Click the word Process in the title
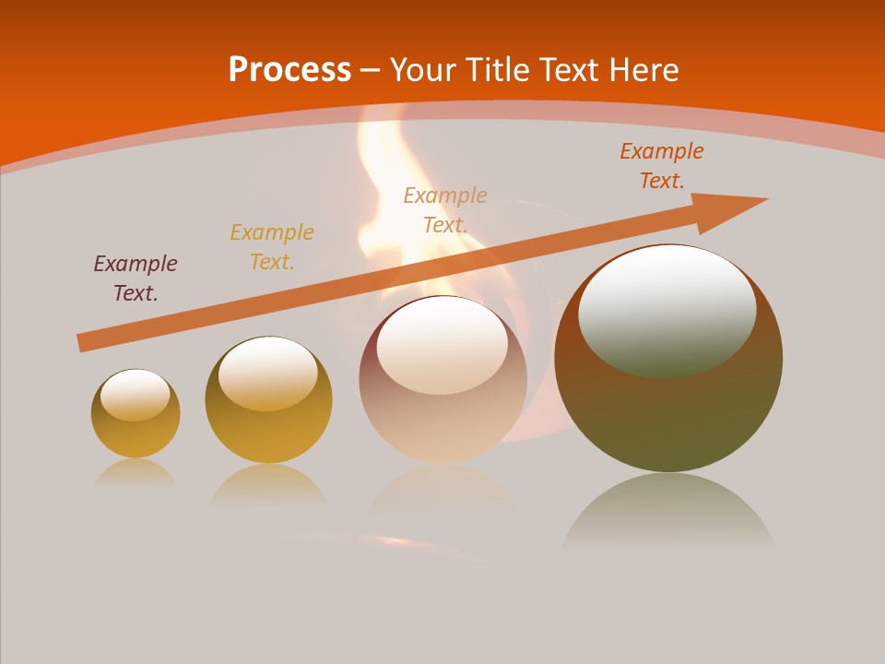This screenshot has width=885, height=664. point(289,70)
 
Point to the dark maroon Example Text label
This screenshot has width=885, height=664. point(136,279)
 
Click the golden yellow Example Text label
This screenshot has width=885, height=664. point(272,247)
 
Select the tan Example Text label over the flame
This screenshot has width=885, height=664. point(445,210)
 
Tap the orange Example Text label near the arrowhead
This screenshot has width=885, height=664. point(662,166)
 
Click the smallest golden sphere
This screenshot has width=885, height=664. point(136,433)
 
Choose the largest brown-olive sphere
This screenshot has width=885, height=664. point(668,415)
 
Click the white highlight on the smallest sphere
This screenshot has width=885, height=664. point(136,393)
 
